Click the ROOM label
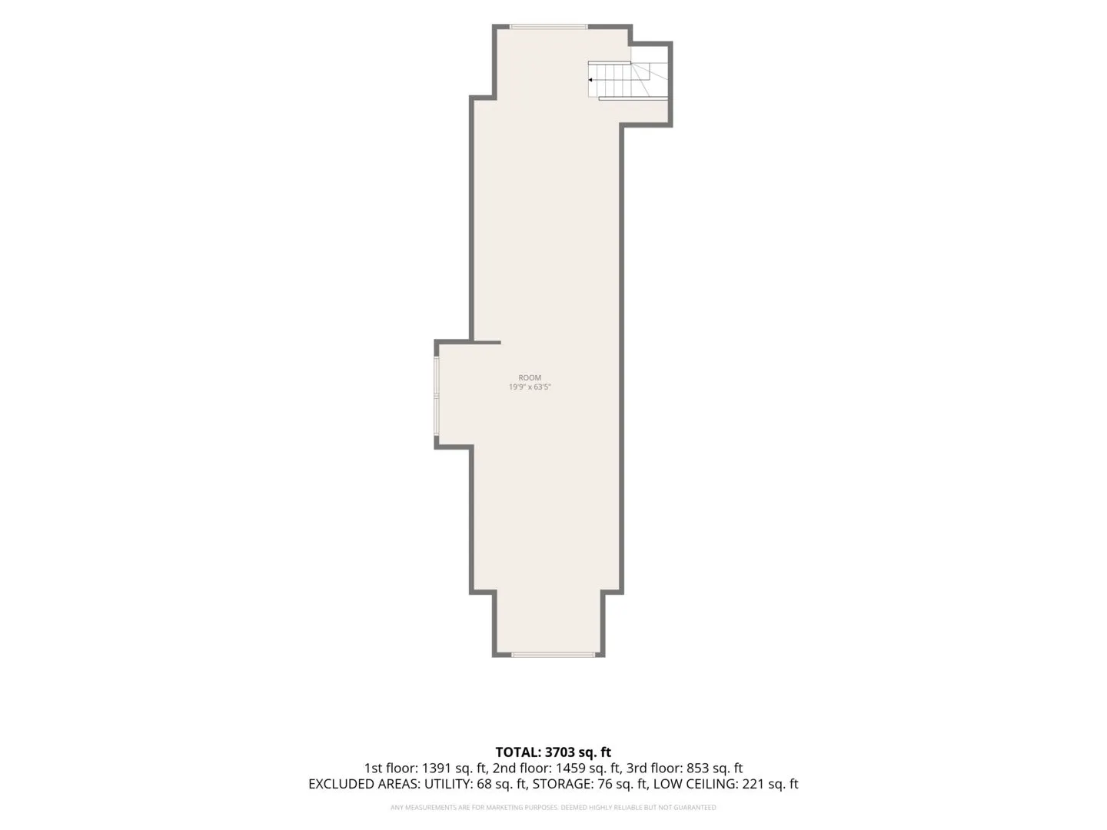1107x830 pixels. tap(530, 377)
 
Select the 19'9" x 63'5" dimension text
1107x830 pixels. tap(530, 387)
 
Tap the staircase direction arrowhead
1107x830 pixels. tap(590, 80)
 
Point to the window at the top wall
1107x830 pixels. tap(549, 27)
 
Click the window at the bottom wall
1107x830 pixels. tap(553, 655)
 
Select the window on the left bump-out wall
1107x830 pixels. tap(437, 396)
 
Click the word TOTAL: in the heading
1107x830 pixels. tap(518, 752)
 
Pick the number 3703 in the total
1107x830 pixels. tap(560, 752)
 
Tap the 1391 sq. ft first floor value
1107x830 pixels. tap(454, 769)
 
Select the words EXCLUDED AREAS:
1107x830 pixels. tap(364, 784)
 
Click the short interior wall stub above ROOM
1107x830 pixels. tap(485, 342)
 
